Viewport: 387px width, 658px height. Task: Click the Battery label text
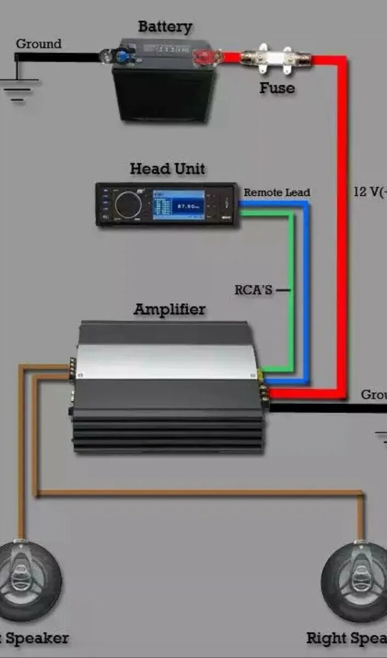tap(165, 26)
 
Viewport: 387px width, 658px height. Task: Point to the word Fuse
tap(277, 88)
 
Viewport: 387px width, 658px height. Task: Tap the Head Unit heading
tap(167, 168)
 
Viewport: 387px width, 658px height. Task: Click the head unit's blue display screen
tap(178, 206)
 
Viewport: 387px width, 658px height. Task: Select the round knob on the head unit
tap(128, 204)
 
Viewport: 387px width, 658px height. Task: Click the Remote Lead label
tap(277, 192)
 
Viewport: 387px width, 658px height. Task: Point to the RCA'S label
tap(254, 290)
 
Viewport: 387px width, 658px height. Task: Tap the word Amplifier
tap(170, 309)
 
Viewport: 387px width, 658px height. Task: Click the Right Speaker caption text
tap(346, 638)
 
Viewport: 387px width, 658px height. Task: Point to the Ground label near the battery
tap(38, 44)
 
